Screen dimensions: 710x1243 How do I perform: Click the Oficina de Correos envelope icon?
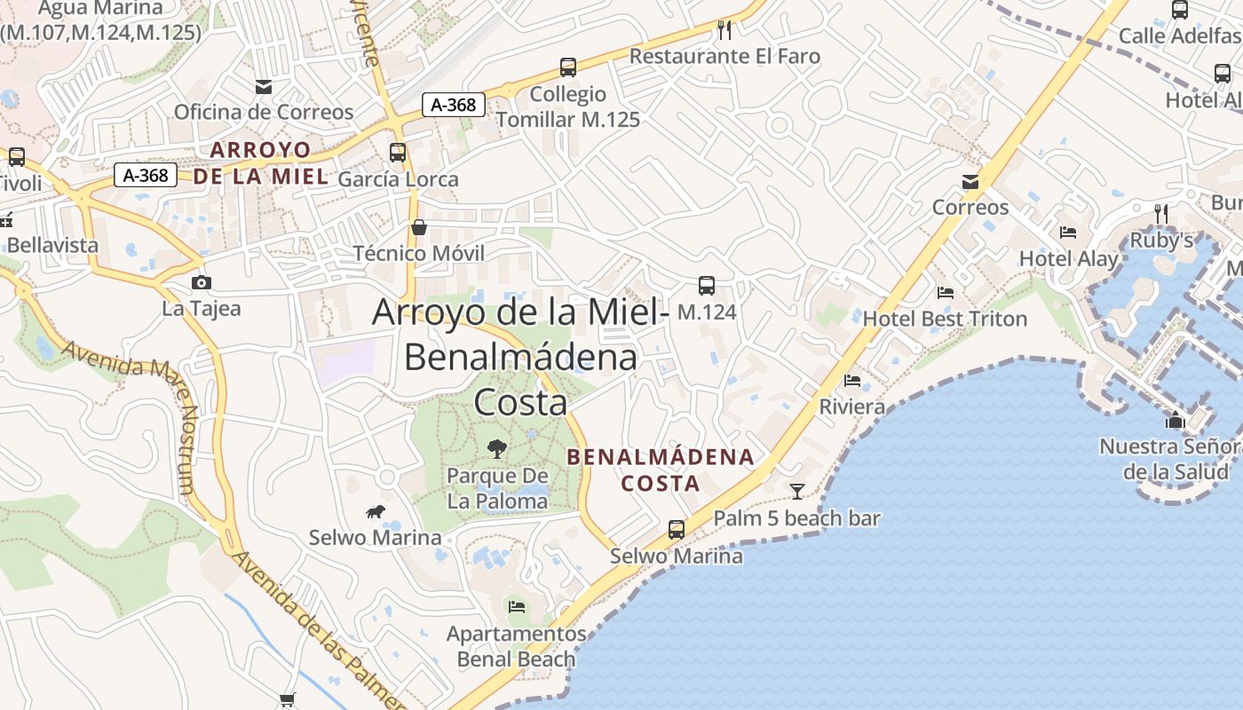point(264,87)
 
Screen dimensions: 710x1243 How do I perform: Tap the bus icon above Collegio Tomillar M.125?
point(568,67)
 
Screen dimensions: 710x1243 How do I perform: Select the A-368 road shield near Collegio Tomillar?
point(454,105)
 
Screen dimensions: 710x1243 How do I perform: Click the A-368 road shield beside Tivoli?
point(146,175)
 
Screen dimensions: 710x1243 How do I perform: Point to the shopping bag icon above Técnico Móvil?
point(419,227)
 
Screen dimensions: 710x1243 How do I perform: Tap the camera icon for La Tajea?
point(202,282)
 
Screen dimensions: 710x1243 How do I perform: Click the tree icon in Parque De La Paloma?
point(497,449)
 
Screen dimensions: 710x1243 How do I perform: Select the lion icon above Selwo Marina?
point(376,511)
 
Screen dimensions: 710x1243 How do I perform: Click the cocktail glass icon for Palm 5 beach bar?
point(797,491)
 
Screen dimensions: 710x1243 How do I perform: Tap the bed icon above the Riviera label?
point(852,381)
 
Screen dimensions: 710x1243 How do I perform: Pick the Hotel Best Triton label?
point(945,319)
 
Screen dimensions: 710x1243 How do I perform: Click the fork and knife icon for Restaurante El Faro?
point(724,30)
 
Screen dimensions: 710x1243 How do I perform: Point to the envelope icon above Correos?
point(970,182)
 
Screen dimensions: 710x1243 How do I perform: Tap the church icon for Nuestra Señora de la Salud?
point(1176,420)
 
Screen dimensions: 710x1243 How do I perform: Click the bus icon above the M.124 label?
point(707,286)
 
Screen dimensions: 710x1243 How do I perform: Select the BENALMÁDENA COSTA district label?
point(660,470)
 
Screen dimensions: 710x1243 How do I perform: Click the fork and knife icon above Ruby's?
point(1160,213)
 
